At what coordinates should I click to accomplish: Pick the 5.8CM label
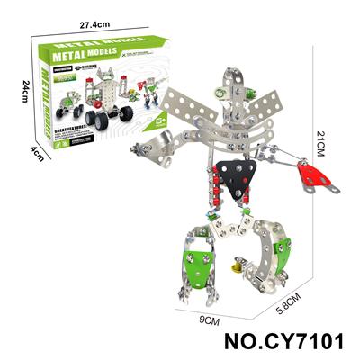pos(289,301)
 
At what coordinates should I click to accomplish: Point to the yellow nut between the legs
pos(237,266)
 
